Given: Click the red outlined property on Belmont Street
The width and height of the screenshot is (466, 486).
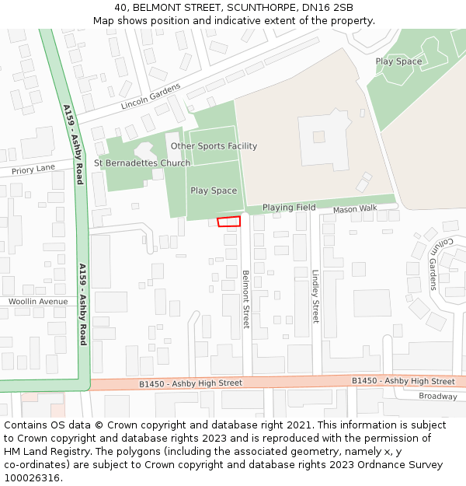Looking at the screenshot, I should tap(229, 222).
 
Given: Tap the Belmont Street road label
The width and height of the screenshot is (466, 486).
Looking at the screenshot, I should tap(246, 299).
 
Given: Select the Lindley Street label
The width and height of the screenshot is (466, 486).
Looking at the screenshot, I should tap(315, 296).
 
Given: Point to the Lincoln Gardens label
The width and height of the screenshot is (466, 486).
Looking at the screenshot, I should tap(151, 96).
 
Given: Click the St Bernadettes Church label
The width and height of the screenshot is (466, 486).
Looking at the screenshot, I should tap(142, 163).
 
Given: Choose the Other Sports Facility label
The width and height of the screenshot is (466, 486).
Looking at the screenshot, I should tap(214, 146).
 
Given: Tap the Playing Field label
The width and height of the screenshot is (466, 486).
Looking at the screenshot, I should tap(289, 208).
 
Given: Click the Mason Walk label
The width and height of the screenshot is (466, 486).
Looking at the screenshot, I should tap(355, 209).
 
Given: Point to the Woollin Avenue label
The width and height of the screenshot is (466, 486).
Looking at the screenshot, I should tap(38, 301).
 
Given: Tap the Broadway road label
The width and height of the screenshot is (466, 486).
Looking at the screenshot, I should tap(438, 397).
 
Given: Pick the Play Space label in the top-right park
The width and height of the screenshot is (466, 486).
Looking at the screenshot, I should tap(398, 61).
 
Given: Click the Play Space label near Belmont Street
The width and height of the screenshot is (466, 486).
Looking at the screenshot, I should tap(214, 191).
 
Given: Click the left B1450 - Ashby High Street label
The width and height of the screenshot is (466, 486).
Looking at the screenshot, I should tap(190, 383).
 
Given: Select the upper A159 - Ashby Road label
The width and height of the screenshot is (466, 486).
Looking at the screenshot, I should tap(73, 145).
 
